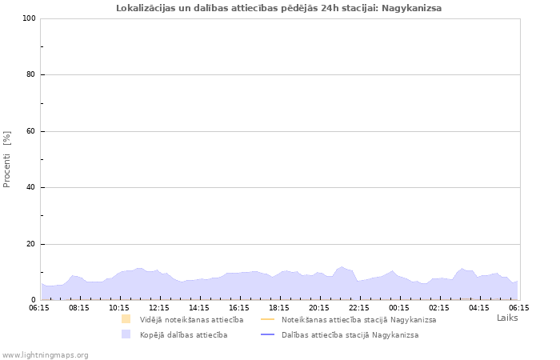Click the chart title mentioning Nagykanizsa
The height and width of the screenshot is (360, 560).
coord(278,8)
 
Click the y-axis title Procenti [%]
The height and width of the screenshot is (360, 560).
coord(7,159)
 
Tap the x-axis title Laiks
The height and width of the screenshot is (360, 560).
coord(507,318)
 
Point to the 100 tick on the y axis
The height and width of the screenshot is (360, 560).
coord(29,18)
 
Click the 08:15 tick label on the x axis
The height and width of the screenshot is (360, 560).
coord(79,306)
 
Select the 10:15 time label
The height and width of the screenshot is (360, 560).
coord(119,306)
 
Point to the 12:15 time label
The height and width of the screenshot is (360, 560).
coord(159,306)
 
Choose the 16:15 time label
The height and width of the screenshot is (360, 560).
coord(239,306)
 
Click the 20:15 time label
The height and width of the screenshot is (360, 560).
coord(319,306)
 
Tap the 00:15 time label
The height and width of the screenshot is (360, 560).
coord(399,306)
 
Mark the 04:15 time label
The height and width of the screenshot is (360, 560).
coord(479,306)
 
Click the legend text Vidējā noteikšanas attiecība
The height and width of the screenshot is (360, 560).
coord(191,320)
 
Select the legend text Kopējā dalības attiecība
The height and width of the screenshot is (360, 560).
coord(183,335)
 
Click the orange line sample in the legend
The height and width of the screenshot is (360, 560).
coord(268,320)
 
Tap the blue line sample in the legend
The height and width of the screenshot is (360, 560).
coord(268,335)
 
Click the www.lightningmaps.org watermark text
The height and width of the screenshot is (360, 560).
coord(46,354)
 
